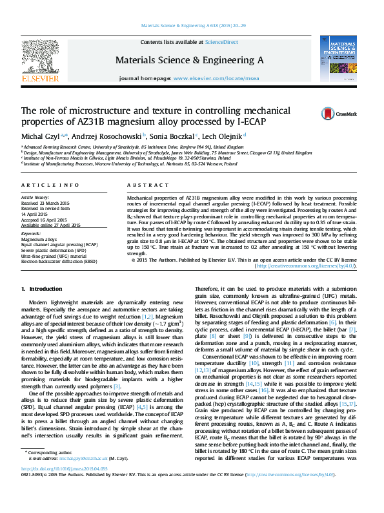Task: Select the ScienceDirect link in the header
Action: [221, 42]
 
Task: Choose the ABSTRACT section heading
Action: [143, 185]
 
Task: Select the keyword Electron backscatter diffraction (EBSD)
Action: [59, 262]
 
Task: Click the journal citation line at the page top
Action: [192, 26]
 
